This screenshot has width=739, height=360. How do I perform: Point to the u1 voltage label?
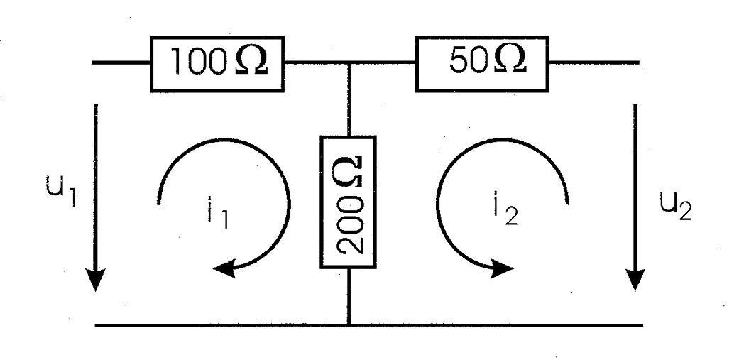pos(61,189)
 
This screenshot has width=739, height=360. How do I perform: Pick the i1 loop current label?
pos(218,214)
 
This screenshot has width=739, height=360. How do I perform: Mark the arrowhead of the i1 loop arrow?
pos(224,269)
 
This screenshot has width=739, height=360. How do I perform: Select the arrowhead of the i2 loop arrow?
pos(501,269)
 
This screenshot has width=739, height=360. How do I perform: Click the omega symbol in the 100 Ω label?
pos(251,60)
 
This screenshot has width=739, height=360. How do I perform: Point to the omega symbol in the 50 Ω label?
pos(510,60)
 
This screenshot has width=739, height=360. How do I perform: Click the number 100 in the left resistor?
pos(197,62)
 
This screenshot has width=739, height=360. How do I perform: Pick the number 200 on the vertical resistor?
pos(349,224)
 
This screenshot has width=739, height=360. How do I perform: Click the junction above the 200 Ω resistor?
pos(349,62)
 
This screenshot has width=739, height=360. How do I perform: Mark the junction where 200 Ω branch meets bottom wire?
pos(349,324)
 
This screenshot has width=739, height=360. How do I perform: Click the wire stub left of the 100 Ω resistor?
pos(121,62)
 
